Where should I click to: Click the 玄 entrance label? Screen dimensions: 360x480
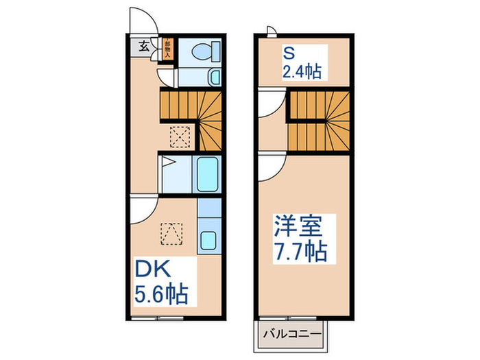145,47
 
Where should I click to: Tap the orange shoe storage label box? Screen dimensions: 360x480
168,47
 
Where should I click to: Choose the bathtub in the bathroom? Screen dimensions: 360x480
208,175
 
